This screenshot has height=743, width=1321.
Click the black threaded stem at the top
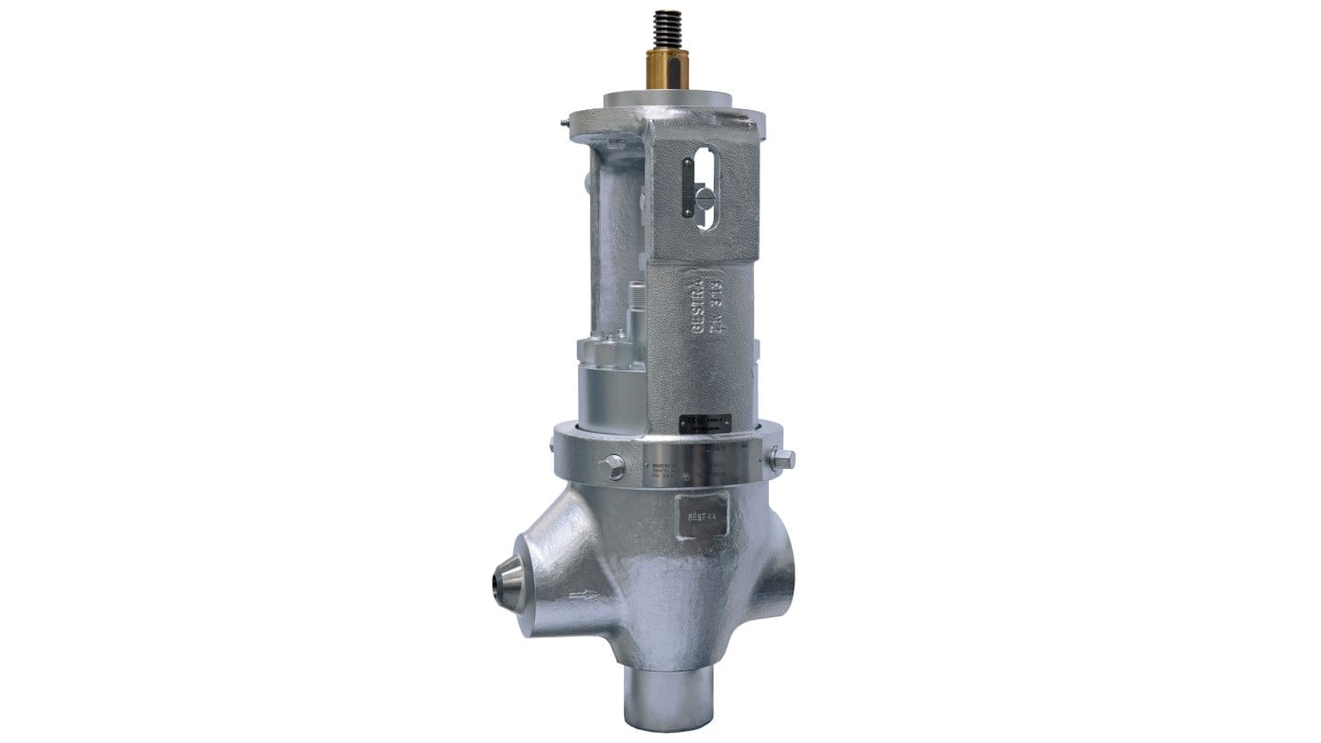coord(667,42)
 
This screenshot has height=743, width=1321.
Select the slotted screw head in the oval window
coord(703,195)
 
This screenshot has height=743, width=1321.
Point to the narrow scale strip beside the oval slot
coord(687,187)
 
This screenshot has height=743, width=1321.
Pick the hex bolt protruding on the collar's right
coord(783,459)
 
